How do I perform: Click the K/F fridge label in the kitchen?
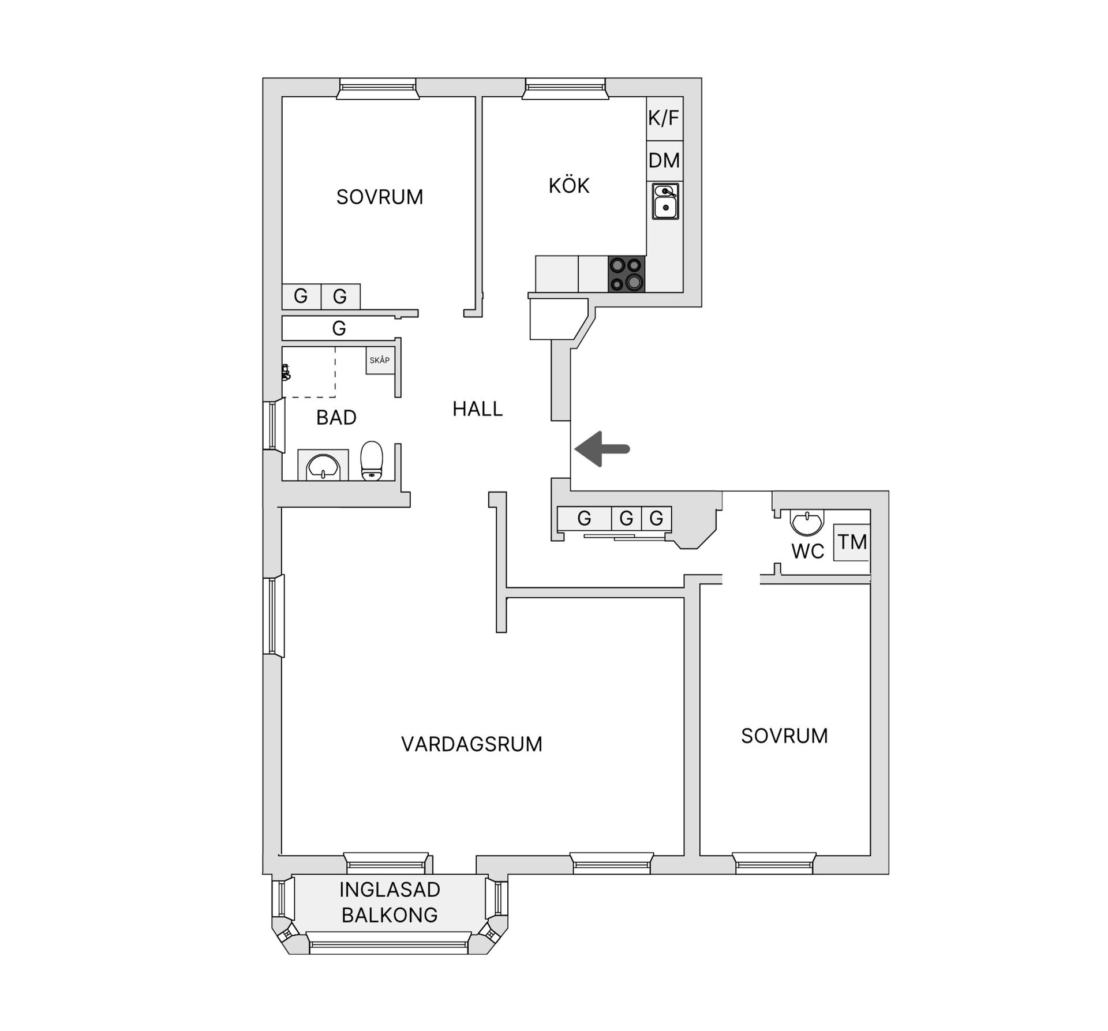(664, 118)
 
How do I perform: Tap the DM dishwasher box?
(664, 160)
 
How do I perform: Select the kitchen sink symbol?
(665, 201)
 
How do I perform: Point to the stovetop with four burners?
(627, 273)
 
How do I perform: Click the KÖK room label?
(569, 186)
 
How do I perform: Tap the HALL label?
(478, 409)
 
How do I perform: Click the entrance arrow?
(602, 448)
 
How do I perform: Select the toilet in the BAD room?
(372, 460)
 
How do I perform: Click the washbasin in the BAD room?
(323, 466)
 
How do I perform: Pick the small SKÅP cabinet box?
(380, 360)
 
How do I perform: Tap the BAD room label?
(336, 418)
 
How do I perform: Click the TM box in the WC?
(852, 542)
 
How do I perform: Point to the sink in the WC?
(806, 523)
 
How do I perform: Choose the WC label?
(808, 552)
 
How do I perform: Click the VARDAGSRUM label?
(472, 744)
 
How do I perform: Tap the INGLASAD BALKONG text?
(390, 902)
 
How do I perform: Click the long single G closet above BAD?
(339, 328)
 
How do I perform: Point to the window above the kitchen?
(565, 89)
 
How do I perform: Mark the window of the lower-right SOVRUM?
(774, 864)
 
